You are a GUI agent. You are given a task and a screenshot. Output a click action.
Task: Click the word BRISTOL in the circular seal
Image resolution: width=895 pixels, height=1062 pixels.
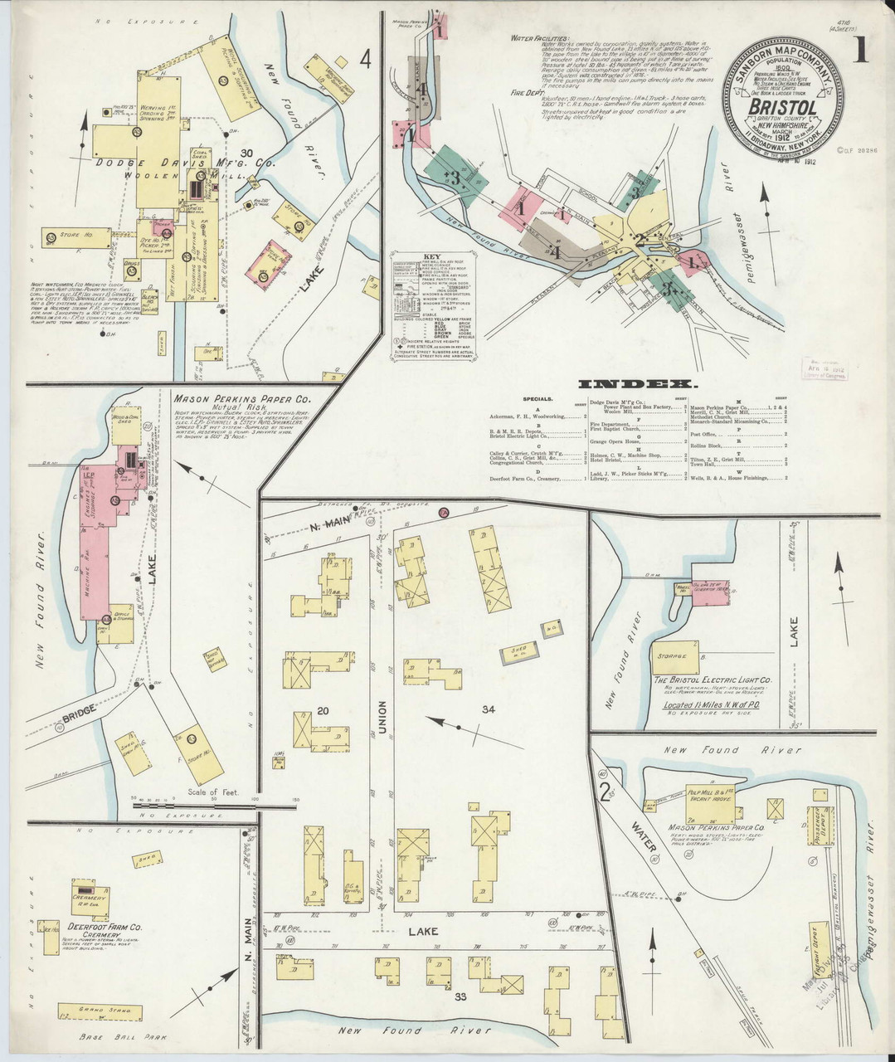coord(782,107)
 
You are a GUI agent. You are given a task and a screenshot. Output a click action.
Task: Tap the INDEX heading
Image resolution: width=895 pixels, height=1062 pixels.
coord(635,384)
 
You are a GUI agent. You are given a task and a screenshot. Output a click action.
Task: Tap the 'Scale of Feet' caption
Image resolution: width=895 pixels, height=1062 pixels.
coord(213,792)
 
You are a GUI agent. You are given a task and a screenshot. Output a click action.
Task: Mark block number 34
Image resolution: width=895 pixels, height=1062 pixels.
coord(488,709)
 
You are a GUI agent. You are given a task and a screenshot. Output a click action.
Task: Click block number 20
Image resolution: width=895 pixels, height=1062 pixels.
coord(323,711)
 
